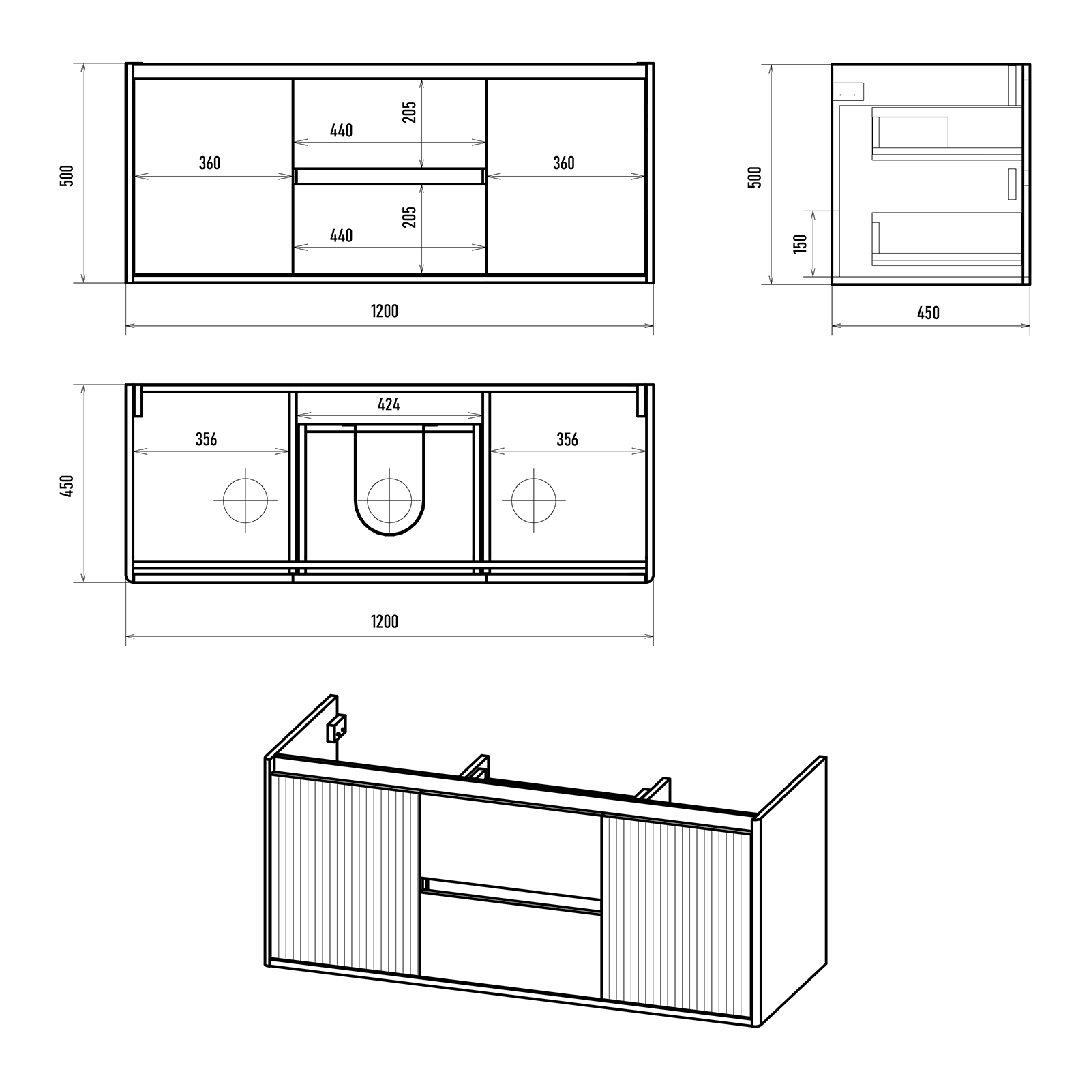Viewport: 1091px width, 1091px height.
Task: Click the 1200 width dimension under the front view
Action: click(x=385, y=312)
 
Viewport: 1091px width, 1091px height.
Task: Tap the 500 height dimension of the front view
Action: click(x=67, y=175)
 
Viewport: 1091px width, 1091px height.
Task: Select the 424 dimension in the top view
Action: click(x=389, y=405)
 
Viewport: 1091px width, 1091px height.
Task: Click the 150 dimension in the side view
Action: click(x=801, y=243)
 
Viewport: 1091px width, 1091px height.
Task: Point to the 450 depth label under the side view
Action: click(x=928, y=313)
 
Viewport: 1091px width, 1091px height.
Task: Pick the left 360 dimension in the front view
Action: click(x=210, y=163)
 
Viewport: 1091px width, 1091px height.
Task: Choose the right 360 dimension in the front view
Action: click(x=564, y=163)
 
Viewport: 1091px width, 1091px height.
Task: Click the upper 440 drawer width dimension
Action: click(x=342, y=130)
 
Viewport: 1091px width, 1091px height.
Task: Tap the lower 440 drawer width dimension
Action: click(x=342, y=236)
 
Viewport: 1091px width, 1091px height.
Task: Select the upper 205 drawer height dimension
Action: click(x=409, y=112)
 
